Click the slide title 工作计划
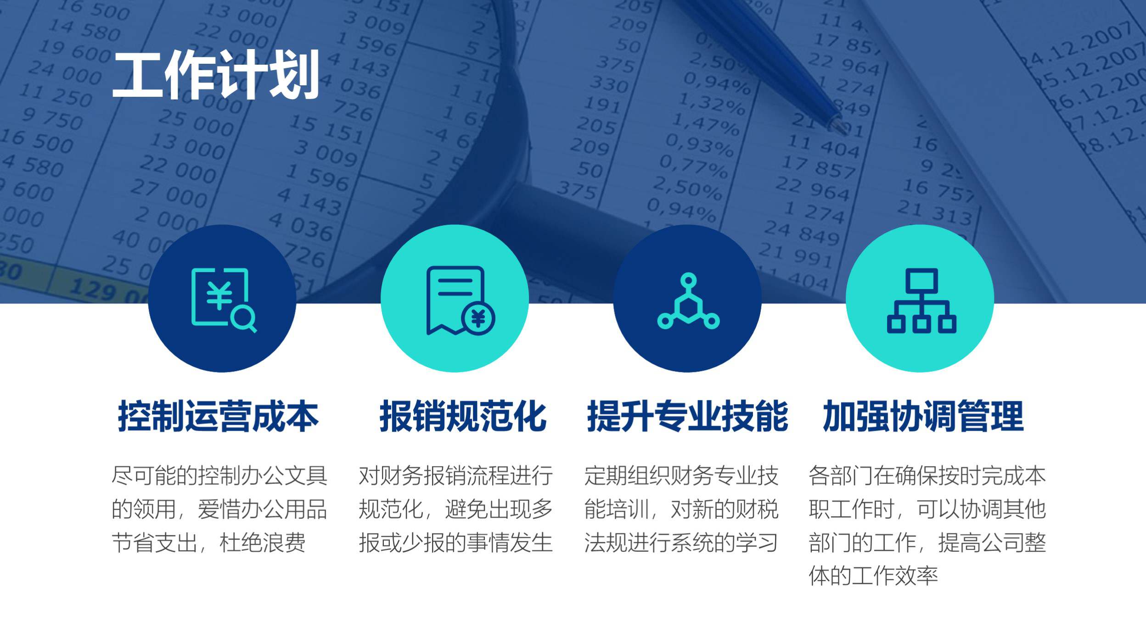coord(216,75)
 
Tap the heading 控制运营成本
coord(218,416)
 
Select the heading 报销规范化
coord(463,416)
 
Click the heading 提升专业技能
coord(688,416)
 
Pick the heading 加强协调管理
coord(923,416)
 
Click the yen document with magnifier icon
coord(224,300)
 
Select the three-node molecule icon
coord(688,301)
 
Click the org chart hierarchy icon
coord(921,300)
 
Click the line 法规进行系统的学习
coord(681,543)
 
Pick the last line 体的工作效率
coord(873,576)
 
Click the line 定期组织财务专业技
coord(681,476)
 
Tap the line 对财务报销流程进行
coord(455,476)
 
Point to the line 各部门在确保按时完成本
coord(927,476)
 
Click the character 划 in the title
coord(294,75)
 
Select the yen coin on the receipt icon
coord(478,318)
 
